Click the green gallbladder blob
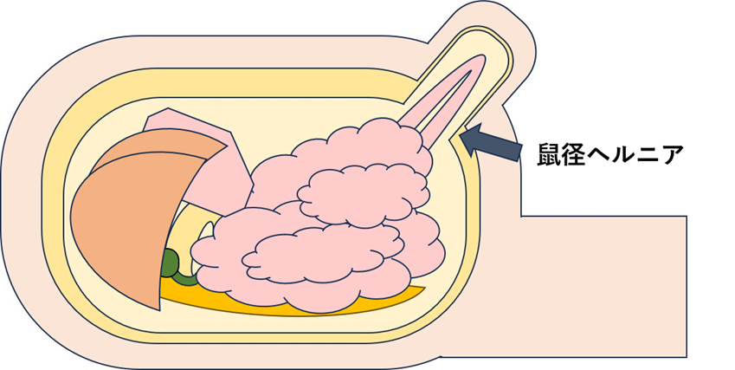(x=171, y=265)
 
